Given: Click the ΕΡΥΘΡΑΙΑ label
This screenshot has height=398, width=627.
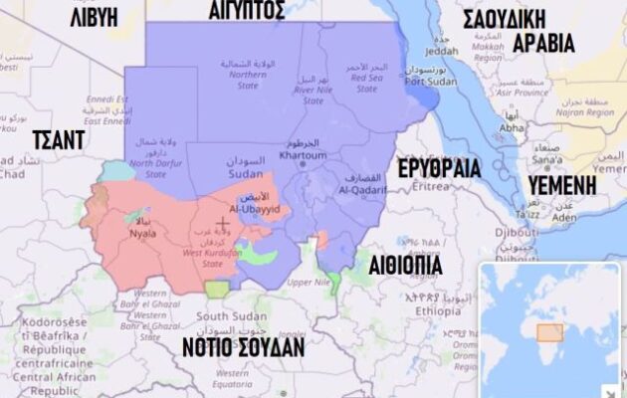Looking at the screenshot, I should [439, 168].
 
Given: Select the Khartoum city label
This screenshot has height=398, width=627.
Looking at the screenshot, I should [302, 155].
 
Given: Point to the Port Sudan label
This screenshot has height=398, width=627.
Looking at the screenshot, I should [422, 82].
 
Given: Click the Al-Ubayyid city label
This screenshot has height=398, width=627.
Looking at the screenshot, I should [249, 209].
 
